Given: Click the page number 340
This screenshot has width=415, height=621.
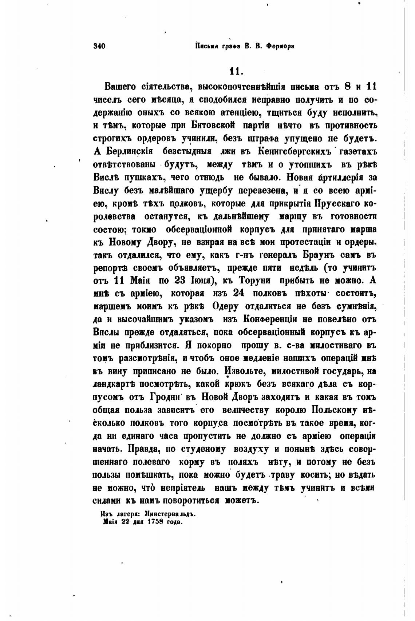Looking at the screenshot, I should click(x=99, y=46).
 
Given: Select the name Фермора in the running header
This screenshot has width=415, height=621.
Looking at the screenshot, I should click(x=280, y=46).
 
